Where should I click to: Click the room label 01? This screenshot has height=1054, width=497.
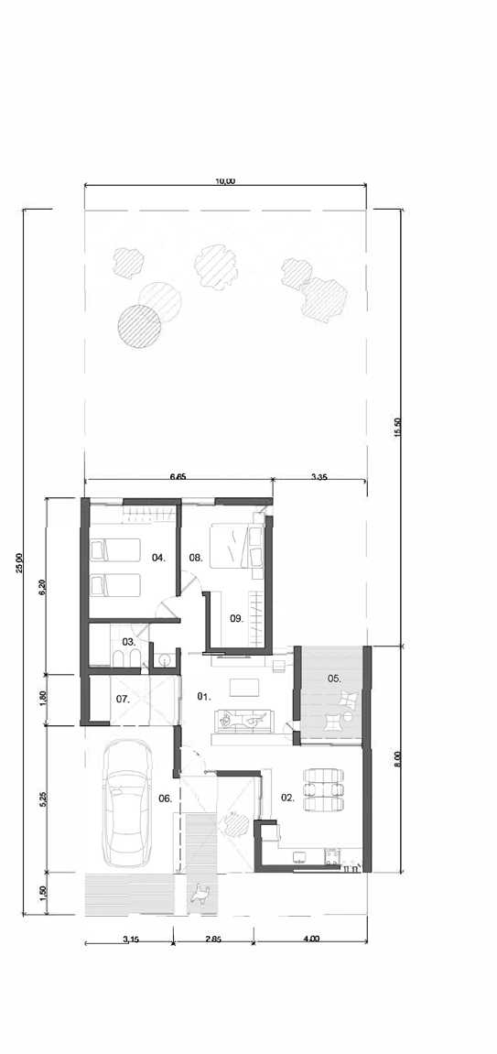tap(203, 696)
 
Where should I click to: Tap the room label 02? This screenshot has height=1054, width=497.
tap(288, 798)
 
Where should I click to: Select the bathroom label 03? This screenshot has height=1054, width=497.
tap(129, 641)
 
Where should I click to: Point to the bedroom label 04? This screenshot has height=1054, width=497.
tap(158, 558)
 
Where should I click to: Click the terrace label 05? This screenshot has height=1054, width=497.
tap(335, 679)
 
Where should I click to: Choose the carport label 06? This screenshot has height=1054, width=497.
tap(166, 799)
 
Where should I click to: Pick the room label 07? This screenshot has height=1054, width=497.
tap(123, 699)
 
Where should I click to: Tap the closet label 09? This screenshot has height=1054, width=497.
tap(235, 618)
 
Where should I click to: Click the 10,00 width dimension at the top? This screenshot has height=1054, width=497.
tap(226, 180)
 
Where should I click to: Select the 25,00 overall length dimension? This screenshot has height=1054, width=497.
tap(19, 562)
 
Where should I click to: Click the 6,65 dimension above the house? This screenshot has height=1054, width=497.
tap(178, 476)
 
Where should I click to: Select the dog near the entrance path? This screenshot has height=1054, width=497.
tap(200, 893)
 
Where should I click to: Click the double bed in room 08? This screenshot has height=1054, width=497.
tap(235, 547)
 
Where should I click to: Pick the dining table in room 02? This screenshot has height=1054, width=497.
tap(325, 790)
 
